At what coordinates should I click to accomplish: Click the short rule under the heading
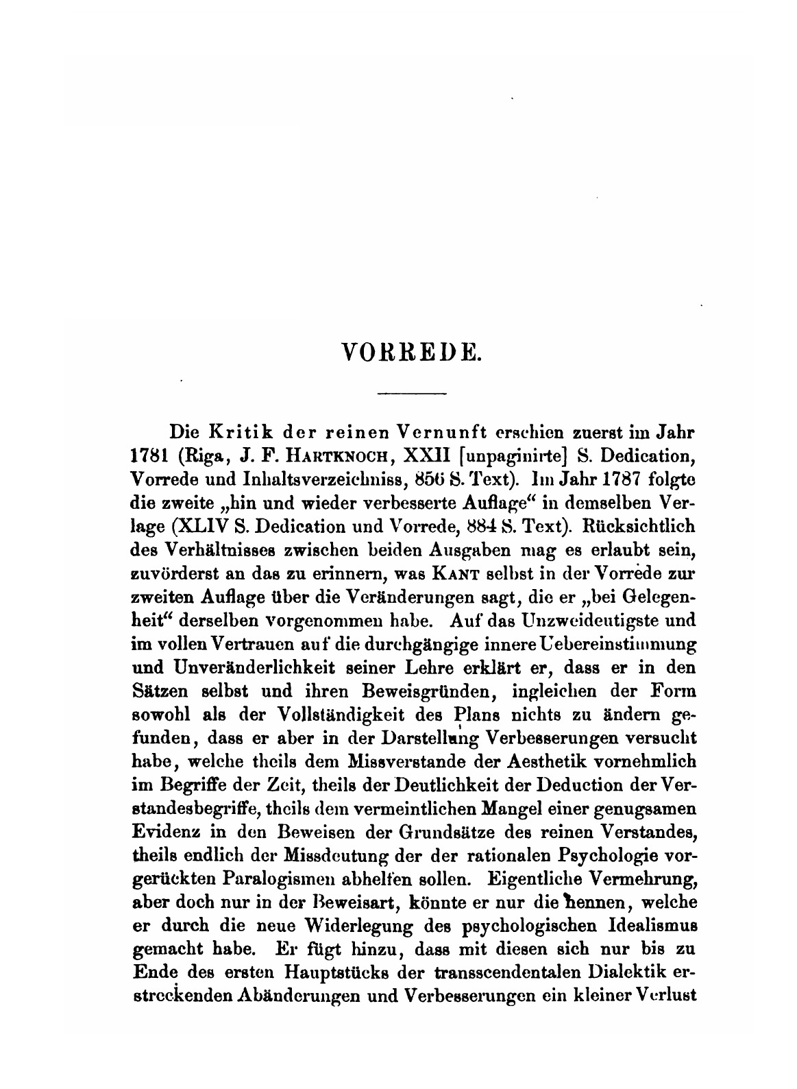coord(412,393)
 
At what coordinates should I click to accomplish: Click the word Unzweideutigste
coord(584,620)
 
